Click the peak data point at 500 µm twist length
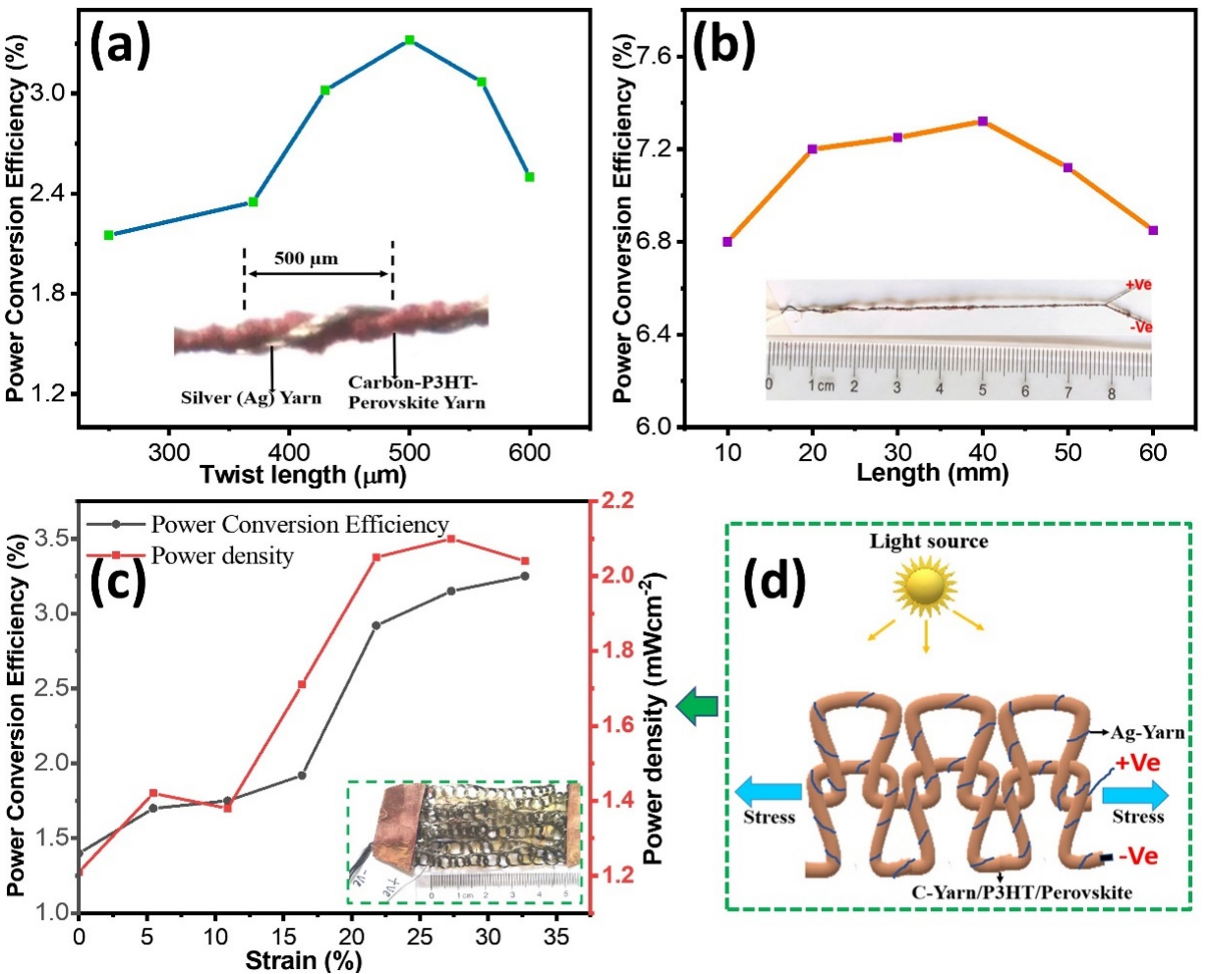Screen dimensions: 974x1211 pyautogui.click(x=410, y=40)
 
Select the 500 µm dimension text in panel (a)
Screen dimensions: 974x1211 pyautogui.click(x=307, y=259)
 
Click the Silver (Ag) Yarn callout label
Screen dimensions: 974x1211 pyautogui.click(x=251, y=398)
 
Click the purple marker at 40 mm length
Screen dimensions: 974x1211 pyautogui.click(x=982, y=121)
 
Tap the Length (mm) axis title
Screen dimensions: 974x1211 pyautogui.click(x=932, y=474)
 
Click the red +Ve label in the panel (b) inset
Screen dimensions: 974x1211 pyautogui.click(x=1137, y=285)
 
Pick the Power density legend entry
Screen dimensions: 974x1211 pyautogui.click(x=222, y=556)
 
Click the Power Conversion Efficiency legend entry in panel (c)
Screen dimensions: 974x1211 pyautogui.click(x=299, y=525)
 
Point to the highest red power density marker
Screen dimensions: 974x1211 pyautogui.click(x=451, y=539)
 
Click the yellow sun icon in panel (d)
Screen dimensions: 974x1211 pyautogui.click(x=926, y=587)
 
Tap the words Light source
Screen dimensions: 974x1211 pyautogui.click(x=929, y=542)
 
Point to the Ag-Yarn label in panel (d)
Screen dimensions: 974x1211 pyautogui.click(x=1148, y=732)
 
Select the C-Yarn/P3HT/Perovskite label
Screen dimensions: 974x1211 pyautogui.click(x=1028, y=892)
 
